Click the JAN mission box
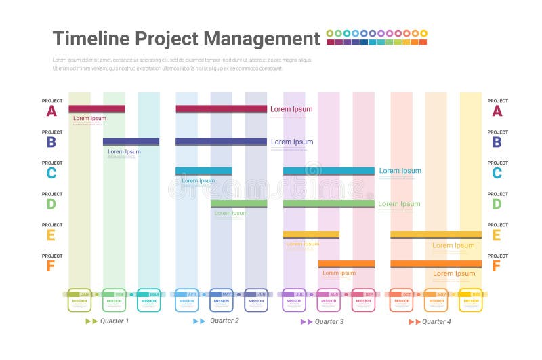pyautogui.click(x=79, y=300)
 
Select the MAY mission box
pyautogui.click(x=222, y=300)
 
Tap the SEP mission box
pyautogui.click(x=363, y=300)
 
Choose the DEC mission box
pyautogui.click(x=470, y=300)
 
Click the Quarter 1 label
pyautogui.click(x=114, y=321)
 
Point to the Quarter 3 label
pyautogui.click(x=329, y=321)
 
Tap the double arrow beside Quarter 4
pyautogui.click(x=414, y=321)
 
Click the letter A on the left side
pyautogui.click(x=51, y=111)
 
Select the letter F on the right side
pyautogui.click(x=496, y=266)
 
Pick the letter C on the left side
pyautogui.click(x=51, y=173)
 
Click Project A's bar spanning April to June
pyautogui.click(x=221, y=109)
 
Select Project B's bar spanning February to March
pyautogui.click(x=131, y=142)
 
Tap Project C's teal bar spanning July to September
pyautogui.click(x=328, y=171)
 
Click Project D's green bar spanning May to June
pyautogui.click(x=238, y=203)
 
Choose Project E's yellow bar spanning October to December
pyautogui.click(x=436, y=235)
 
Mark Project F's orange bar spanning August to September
pyautogui.click(x=346, y=264)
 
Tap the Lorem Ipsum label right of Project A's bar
pyautogui.click(x=291, y=109)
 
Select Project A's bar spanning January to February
pyautogui.click(x=96, y=109)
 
